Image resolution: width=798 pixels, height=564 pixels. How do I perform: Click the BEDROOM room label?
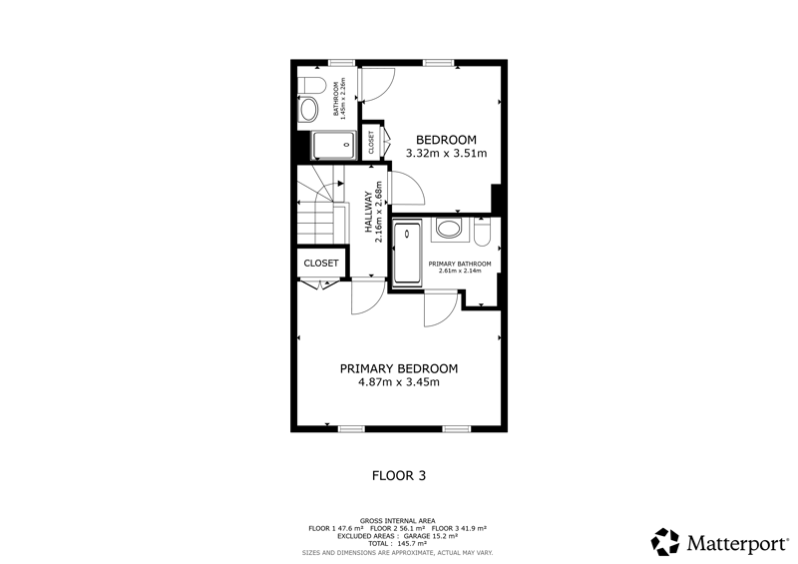tap(446, 140)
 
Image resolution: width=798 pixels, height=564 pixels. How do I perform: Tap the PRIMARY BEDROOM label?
tap(398, 368)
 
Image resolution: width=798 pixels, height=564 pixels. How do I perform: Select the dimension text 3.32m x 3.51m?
tap(446, 153)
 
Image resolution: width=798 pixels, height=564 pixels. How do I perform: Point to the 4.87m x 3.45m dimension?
tap(398, 382)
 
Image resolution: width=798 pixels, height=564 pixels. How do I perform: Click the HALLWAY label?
tap(368, 212)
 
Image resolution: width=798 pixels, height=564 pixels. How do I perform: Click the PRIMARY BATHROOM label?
tap(460, 264)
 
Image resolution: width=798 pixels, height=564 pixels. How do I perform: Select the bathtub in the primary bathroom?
tap(408, 252)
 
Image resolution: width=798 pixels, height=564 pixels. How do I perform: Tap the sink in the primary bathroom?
tap(448, 229)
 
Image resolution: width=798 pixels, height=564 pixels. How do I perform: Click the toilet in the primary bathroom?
tap(482, 232)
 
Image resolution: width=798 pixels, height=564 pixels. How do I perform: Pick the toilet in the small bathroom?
tap(311, 85)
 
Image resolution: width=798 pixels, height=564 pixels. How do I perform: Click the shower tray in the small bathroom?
tap(333, 145)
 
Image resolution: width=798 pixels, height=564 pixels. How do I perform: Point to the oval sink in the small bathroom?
tap(308, 110)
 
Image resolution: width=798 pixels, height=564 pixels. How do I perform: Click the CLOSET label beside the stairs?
tap(321, 264)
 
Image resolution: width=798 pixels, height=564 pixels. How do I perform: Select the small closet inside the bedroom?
tap(371, 143)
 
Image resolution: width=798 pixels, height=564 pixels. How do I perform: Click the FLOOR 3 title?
tap(399, 476)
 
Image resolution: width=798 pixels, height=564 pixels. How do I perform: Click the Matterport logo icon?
tap(665, 542)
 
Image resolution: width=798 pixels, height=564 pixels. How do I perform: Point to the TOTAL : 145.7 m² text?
tap(397, 544)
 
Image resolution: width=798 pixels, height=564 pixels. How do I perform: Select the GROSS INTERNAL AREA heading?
tap(397, 521)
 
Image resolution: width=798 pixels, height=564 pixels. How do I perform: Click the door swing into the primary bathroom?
tap(441, 308)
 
